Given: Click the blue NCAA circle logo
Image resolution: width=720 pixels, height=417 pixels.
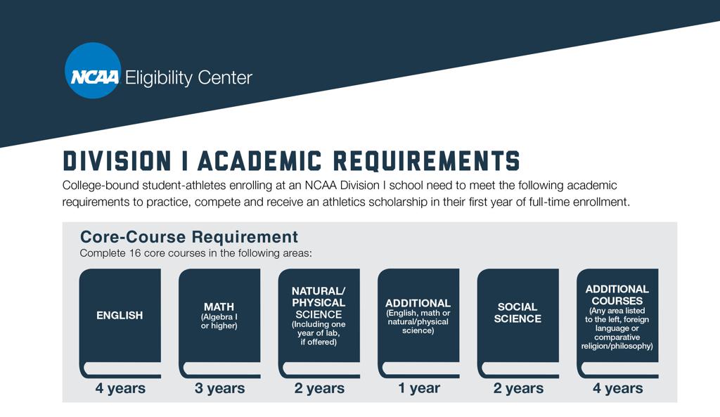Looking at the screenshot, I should point(93,71).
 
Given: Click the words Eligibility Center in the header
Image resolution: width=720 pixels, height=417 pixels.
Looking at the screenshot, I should point(188,77).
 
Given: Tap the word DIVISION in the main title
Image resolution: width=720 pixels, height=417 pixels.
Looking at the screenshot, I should point(117,161).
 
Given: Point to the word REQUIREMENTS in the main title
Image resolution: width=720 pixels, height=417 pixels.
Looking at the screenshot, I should point(426,161).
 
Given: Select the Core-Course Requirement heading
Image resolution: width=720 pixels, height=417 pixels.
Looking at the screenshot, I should point(189,237).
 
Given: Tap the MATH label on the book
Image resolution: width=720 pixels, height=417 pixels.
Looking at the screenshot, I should point(219,307).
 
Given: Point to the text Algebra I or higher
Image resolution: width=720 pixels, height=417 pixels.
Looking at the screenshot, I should point(219,321).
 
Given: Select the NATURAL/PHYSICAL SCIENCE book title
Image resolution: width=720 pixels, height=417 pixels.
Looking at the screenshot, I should point(319,302).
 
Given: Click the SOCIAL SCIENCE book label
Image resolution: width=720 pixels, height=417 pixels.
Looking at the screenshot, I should point(517,313).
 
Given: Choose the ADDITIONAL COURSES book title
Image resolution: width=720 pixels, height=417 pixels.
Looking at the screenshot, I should point(617,295).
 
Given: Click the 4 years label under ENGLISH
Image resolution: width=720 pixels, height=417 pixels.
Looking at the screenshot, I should point(120,388).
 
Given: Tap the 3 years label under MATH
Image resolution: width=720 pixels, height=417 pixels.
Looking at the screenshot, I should point(219,388).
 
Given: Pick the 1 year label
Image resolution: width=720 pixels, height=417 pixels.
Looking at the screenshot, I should point(419,388).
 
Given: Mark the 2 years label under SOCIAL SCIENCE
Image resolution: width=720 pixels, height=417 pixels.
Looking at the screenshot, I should point(518,388).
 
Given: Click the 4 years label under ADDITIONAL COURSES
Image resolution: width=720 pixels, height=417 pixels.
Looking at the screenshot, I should point(617,388).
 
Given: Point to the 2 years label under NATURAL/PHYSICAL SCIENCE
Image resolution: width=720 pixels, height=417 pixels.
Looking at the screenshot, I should point(319,388).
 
